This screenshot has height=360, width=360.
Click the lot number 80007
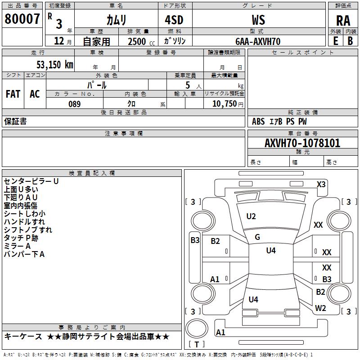22,19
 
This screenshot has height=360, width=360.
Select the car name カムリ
116,20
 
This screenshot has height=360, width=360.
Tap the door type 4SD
174,20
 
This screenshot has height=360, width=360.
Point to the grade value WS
258,20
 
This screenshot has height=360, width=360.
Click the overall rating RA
343,21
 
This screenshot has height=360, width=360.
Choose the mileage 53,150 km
55,65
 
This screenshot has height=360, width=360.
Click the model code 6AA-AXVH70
258,41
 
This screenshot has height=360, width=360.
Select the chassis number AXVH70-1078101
302,143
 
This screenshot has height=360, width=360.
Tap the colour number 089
74,104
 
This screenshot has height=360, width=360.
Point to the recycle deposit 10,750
225,103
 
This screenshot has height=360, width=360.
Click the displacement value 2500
137,41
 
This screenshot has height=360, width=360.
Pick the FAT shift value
13,94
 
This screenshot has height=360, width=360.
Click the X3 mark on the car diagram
321,184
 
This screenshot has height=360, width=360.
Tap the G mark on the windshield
257,237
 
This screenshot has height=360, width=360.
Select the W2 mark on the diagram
320,308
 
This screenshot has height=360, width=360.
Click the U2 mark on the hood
251,216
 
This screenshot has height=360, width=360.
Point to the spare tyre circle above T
197,328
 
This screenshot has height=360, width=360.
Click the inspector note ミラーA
17,246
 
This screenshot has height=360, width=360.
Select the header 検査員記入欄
92,173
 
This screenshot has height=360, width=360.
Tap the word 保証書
15,121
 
